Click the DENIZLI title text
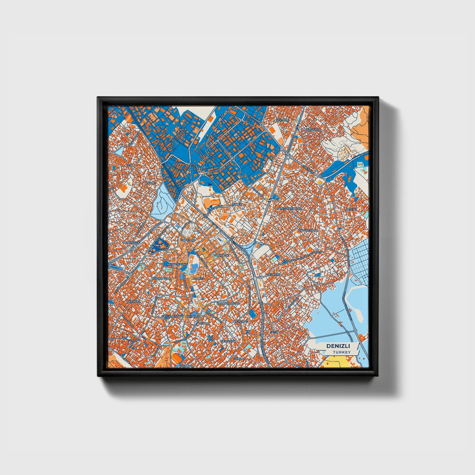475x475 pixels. tap(338, 346)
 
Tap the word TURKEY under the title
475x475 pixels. tap(341, 352)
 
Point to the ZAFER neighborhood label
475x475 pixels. tap(182, 130)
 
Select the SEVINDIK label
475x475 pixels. tap(282, 120)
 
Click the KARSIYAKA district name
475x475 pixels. tap(312, 130)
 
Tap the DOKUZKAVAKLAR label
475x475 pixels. tap(289, 208)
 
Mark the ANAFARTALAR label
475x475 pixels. tap(307, 230)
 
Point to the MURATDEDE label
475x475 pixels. tap(131, 242)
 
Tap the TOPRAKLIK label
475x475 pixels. tap(221, 255)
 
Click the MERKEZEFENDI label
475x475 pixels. tap(177, 264)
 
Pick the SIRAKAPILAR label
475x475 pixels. tap(161, 278)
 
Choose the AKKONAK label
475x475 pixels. tap(133, 301)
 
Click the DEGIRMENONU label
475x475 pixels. tap(172, 316)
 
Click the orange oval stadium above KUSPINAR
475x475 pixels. tap(178, 358)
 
